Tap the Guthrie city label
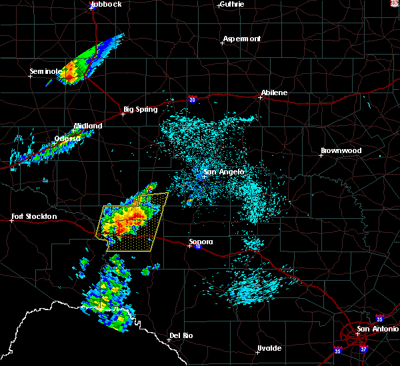coord(232,4)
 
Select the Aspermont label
coord(241,39)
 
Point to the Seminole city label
coord(45,71)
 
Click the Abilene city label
coord(274,92)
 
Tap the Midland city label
coord(88,126)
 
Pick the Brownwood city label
coord(341,150)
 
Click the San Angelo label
coord(224,172)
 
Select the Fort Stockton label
coord(35,216)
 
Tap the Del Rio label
coord(181,335)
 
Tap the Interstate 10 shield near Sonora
coord(197,247)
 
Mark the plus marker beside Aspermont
coord(222,43)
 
